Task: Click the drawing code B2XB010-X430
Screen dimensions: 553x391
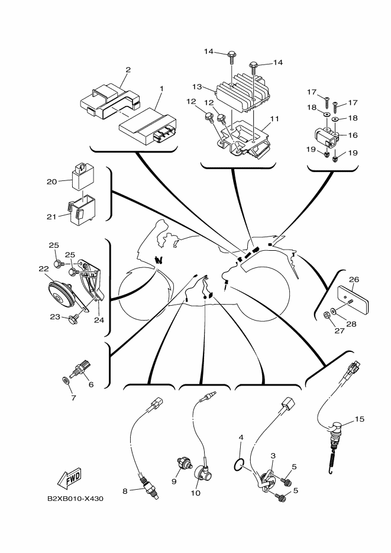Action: pos(76,499)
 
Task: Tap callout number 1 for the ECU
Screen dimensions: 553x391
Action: pos(161,89)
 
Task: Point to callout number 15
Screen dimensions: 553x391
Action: pos(360,419)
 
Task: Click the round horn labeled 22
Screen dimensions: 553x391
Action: pos(59,292)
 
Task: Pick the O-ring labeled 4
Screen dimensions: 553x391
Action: pos(238,465)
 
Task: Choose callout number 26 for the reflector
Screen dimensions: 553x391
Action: pos(354,279)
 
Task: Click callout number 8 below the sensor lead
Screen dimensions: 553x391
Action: pos(125,490)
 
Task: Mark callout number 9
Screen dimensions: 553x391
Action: pos(175,481)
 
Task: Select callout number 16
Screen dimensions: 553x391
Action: pos(353,135)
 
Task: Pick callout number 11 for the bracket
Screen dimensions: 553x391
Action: pos(274,118)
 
